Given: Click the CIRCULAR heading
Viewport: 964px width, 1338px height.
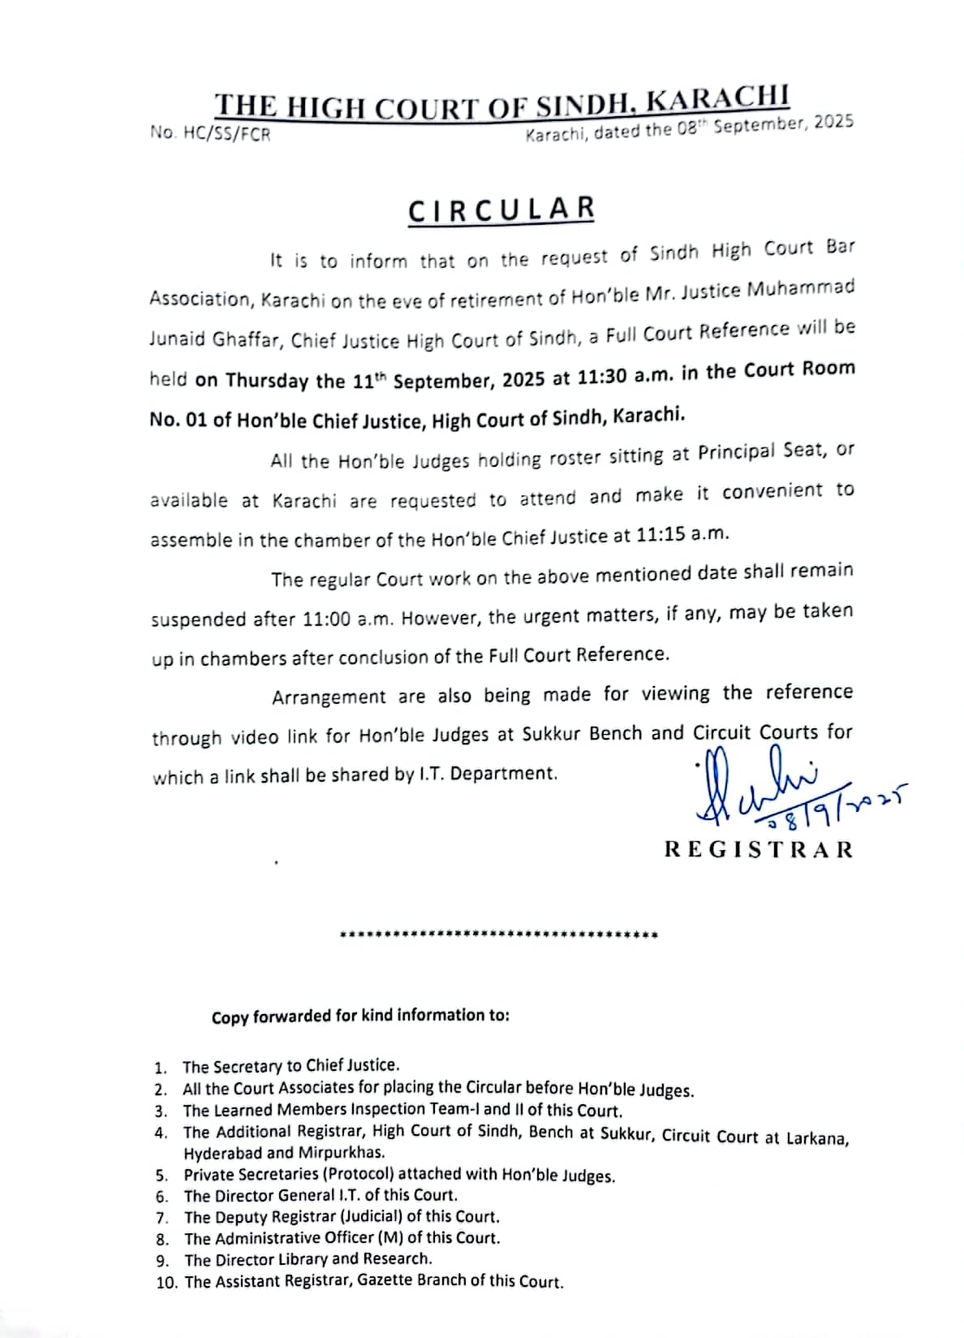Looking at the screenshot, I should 501,209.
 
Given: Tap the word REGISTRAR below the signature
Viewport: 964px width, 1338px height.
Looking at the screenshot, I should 759,849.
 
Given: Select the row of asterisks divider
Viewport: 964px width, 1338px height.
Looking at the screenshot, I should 499,935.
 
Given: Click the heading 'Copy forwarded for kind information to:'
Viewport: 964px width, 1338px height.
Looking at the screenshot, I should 360,1016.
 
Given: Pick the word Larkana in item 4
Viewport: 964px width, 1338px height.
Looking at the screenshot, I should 817,1138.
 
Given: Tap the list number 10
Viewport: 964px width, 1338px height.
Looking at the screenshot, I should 166,1283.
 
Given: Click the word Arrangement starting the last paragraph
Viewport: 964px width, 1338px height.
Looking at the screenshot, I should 329,697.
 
